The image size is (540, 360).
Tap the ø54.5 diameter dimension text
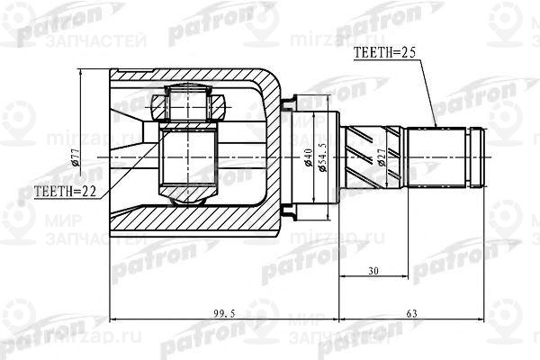pyautogui.click(x=321, y=162)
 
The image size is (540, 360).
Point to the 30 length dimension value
pyautogui.click(x=373, y=269)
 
